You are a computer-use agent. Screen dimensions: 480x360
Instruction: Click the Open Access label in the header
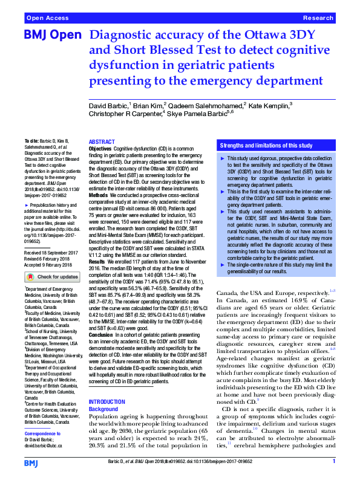coord(48,19)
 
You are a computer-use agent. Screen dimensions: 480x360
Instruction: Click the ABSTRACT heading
coord(102,141)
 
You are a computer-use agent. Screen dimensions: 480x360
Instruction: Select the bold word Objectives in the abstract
coord(100,148)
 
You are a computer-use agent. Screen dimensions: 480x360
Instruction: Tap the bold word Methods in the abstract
coord(99,195)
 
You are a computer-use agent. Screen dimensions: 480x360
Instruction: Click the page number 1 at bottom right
coord(334,461)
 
